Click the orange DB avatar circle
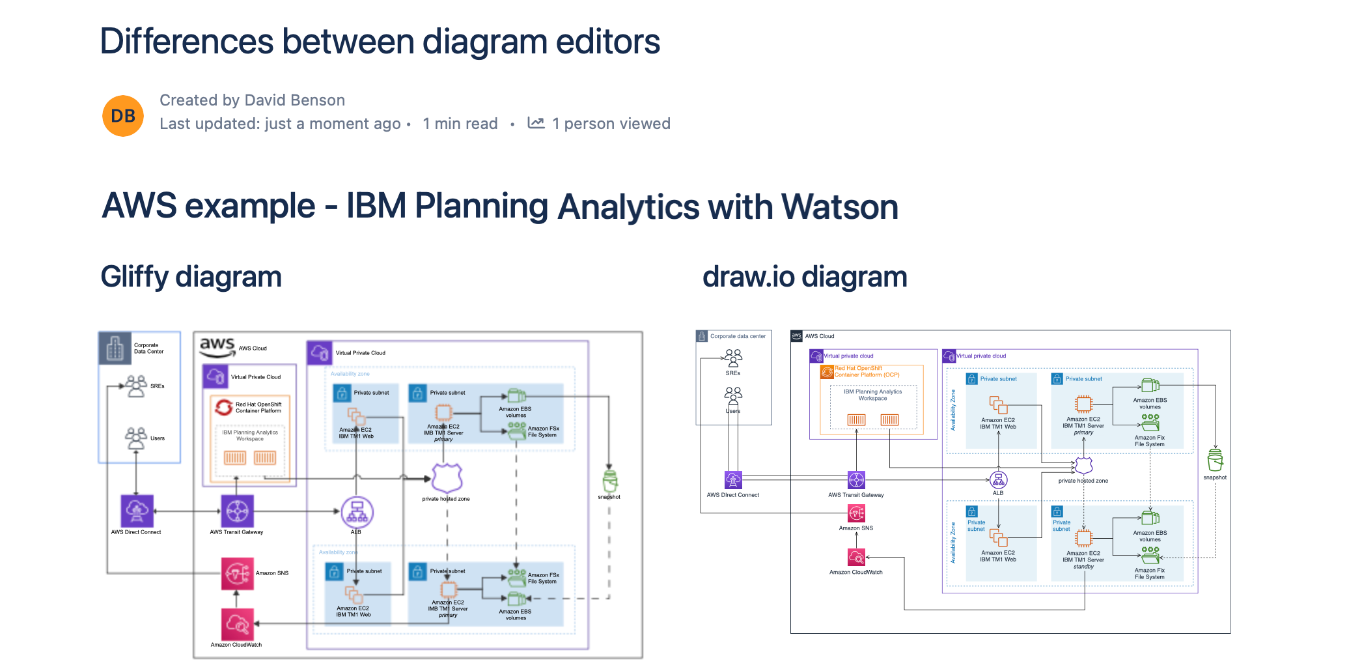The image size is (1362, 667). [x=123, y=116]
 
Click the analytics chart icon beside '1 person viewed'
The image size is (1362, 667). [x=536, y=122]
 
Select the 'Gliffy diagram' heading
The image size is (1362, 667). [x=191, y=277]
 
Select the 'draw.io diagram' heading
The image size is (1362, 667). [x=804, y=277]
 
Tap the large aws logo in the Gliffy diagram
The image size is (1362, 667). [x=217, y=347]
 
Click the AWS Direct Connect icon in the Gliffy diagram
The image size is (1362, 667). [x=137, y=511]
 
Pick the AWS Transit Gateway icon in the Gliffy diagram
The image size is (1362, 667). [x=237, y=511]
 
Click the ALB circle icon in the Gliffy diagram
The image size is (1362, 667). [x=357, y=512]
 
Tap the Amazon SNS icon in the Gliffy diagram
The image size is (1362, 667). [x=237, y=573]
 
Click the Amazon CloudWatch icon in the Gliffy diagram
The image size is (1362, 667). [x=237, y=624]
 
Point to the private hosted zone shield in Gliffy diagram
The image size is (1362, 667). [x=447, y=479]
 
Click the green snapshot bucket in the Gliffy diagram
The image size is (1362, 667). [x=609, y=481]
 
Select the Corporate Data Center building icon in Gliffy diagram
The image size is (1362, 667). [x=115, y=348]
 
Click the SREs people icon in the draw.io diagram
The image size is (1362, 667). [x=733, y=358]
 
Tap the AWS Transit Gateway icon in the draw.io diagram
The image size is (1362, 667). [x=856, y=480]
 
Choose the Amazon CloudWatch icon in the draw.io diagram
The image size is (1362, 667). [x=856, y=558]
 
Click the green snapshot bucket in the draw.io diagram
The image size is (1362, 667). [x=1215, y=460]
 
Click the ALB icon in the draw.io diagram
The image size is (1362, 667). [x=998, y=480]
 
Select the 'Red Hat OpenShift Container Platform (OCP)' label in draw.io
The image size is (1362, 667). [x=867, y=371]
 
